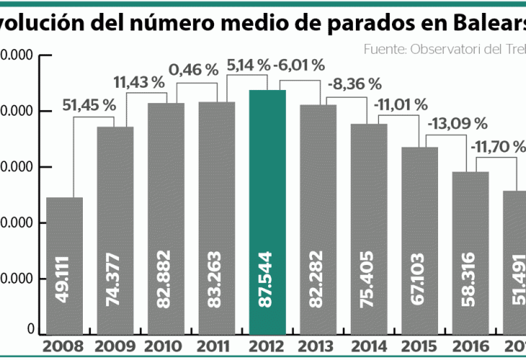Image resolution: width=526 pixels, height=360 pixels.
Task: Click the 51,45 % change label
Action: point(89,105)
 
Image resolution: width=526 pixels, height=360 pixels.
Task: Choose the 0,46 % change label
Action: point(193,70)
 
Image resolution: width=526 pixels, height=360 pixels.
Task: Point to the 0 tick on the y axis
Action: point(31,330)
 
